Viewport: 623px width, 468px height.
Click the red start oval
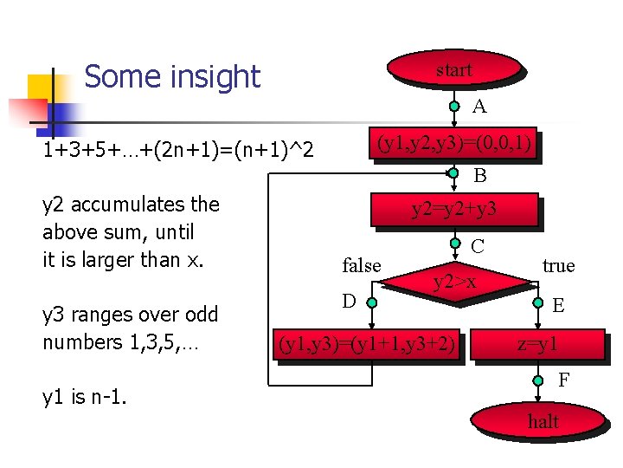(x=454, y=69)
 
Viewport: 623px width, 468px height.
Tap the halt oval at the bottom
(x=543, y=421)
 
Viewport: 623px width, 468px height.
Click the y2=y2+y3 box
(x=453, y=209)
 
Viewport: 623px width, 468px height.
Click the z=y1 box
(x=537, y=344)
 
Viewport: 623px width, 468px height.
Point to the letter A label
(x=479, y=107)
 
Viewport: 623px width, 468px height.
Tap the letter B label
(x=479, y=175)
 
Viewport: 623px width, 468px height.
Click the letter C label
(x=478, y=247)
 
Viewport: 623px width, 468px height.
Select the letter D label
(x=349, y=301)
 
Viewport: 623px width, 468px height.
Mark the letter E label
(x=559, y=305)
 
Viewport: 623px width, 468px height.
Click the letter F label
(x=563, y=380)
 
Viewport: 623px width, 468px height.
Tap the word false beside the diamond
(x=362, y=266)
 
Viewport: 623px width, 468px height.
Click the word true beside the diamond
(x=558, y=265)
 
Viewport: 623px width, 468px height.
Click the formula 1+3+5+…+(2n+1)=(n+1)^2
(x=177, y=152)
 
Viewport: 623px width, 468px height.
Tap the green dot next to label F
(x=538, y=379)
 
